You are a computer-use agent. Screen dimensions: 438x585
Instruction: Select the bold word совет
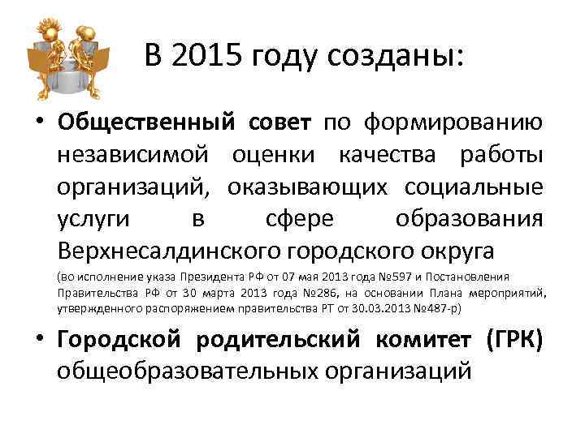(276, 122)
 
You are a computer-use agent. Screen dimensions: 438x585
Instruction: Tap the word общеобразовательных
(182, 371)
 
